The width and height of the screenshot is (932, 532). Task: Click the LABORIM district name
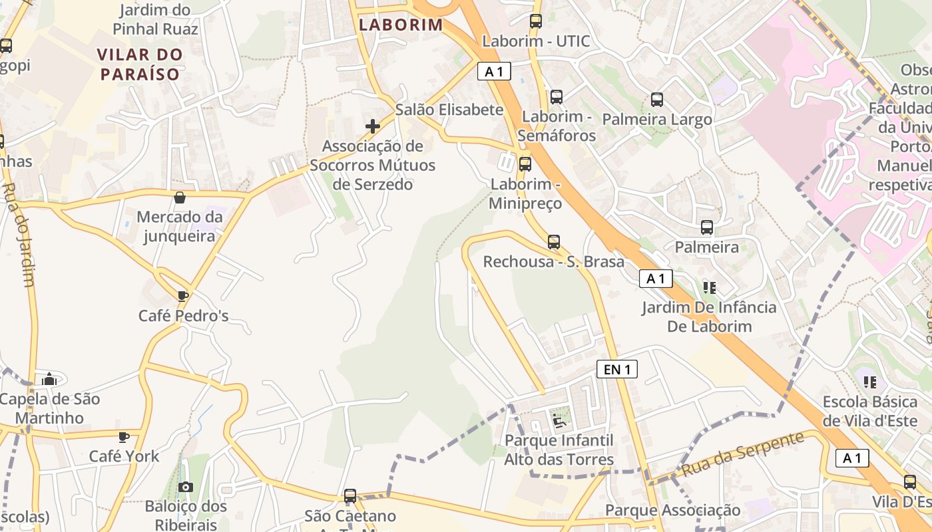pos(401,25)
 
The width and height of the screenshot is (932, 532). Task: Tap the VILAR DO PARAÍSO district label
pos(139,64)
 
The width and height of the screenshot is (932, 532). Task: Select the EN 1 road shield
pos(616,370)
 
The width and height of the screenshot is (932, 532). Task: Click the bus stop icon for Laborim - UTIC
pos(536,21)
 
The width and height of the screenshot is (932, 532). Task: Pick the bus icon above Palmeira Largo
pos(657,100)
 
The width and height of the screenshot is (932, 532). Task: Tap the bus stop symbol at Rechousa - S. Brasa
pos(554,242)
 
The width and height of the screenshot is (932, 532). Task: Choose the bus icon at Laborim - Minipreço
pos(525,164)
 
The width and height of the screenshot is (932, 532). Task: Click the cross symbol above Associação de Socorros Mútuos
pos(373,126)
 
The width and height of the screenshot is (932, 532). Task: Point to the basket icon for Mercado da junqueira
pos(180,198)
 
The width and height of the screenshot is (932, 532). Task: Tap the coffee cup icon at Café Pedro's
pos(183,296)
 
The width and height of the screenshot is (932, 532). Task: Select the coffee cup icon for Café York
pos(123,437)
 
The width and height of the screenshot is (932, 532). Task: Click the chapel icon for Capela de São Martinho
pos(49,379)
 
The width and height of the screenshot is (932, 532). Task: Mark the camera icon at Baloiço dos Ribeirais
pos(186,487)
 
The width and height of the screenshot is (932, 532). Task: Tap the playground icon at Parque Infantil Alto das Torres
pos(559,420)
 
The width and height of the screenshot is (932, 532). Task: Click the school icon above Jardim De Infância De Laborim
pos(710,287)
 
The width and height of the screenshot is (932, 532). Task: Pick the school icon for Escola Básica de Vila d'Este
pos(869,382)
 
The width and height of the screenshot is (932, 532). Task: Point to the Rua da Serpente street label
pos(744,454)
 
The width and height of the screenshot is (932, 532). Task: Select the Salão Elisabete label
pos(449,110)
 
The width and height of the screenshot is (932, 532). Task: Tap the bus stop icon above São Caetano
pos(350,496)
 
